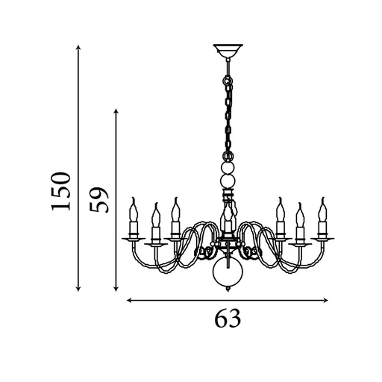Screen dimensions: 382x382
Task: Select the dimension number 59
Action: click(98, 199)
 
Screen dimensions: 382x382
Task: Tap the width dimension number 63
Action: click(228, 319)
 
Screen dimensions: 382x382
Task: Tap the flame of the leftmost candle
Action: click(134, 203)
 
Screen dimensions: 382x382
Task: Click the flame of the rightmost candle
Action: click(323, 203)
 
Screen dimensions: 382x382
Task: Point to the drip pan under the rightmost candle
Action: click(323, 238)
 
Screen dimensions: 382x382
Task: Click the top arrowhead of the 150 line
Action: click(78, 48)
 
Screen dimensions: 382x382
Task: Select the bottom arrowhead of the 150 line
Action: click(78, 289)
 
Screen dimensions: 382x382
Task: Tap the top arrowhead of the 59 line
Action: click(116, 112)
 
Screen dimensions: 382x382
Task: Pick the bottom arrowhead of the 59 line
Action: click(116, 289)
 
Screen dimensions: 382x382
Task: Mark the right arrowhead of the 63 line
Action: click(326, 301)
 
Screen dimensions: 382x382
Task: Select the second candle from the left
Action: click(155, 224)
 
